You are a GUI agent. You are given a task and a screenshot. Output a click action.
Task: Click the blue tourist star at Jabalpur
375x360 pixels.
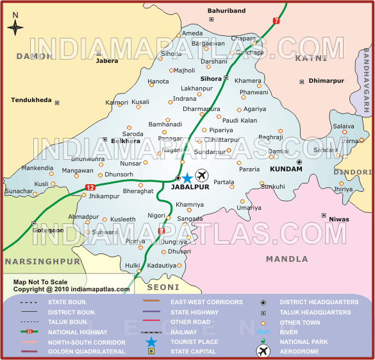(187, 178)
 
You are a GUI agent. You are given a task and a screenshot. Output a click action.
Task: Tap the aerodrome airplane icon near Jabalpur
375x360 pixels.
(203, 176)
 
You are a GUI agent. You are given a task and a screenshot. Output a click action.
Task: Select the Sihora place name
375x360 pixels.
(211, 78)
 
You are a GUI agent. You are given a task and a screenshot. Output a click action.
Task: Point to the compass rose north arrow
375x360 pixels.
(15, 26)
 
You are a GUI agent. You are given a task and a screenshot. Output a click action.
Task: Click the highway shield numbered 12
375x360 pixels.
(90, 187)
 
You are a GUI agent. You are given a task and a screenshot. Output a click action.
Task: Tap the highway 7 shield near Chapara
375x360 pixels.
(276, 21)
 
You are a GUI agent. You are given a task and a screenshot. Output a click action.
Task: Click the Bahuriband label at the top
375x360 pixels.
(227, 11)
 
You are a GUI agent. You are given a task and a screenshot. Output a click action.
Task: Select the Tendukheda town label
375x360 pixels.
(31, 100)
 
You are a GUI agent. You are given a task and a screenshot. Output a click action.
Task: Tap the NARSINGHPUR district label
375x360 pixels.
(42, 262)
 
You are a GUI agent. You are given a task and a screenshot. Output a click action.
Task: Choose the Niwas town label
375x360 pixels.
(338, 219)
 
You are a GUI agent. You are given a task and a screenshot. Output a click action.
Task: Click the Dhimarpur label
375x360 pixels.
(326, 81)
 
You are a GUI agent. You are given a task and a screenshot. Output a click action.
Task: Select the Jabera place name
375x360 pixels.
(107, 62)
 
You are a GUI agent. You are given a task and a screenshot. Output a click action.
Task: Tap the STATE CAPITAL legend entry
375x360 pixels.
(193, 352)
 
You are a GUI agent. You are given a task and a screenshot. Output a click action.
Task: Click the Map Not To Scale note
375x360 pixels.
(40, 282)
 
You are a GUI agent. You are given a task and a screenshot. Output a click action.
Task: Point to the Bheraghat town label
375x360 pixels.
(138, 191)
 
